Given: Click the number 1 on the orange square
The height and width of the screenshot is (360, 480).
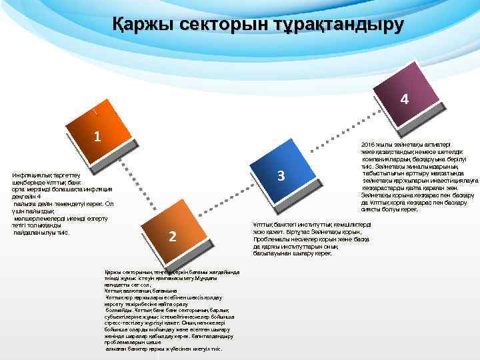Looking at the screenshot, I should (x=97, y=137).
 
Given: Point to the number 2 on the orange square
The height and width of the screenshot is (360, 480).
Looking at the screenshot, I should (x=173, y=236).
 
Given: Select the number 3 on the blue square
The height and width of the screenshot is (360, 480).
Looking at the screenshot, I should (x=281, y=176).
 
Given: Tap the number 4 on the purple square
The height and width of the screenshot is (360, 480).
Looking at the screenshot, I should (x=404, y=100).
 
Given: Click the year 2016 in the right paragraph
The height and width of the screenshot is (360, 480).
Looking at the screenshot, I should (x=368, y=145).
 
